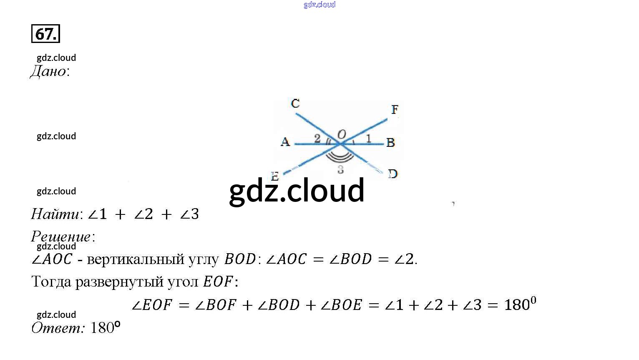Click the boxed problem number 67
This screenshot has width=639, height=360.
[x=45, y=34]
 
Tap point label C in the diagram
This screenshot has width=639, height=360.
[x=295, y=103]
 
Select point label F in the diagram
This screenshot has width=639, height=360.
[x=395, y=109]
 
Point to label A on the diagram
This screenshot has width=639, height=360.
[x=285, y=142]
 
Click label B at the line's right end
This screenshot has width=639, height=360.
[x=390, y=143]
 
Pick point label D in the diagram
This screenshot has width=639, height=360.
[x=392, y=174]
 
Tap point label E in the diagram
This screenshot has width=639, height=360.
[x=274, y=176]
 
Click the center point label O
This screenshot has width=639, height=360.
[x=341, y=134]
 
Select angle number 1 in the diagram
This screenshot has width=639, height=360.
[x=368, y=138]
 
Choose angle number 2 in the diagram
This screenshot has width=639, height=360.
[x=317, y=138]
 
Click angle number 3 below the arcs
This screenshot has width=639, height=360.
[x=340, y=169]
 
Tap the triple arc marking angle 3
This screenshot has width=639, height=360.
[x=340, y=158]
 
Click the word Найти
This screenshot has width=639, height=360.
[x=55, y=214]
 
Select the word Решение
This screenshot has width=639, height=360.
[x=61, y=237]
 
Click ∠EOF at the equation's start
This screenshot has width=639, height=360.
[x=152, y=305]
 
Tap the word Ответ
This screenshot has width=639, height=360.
[x=57, y=328]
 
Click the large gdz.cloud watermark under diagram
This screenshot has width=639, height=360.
[x=297, y=191]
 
